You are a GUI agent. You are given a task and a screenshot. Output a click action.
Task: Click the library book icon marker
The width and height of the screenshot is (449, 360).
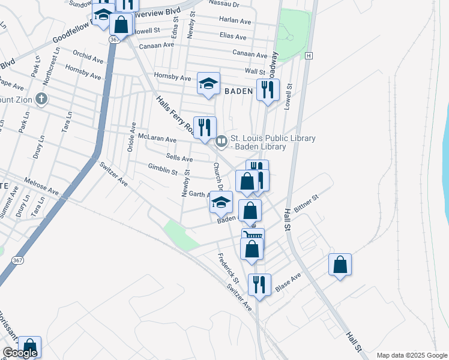[x=220, y=142]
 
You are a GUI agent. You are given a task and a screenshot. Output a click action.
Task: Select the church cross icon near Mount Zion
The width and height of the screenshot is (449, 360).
[x=41, y=98]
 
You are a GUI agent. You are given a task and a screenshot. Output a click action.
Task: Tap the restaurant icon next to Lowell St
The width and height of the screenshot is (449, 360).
[x=267, y=90]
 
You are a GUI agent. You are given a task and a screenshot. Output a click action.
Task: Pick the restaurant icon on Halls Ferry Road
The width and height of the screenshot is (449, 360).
[x=205, y=127]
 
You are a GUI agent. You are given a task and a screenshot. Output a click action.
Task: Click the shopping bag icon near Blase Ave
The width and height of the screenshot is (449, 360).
[x=340, y=265]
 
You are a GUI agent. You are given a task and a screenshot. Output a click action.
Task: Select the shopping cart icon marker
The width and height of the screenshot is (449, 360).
[x=253, y=235]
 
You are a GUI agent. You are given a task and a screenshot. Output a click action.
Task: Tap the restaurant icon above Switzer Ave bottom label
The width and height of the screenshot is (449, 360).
[x=259, y=284]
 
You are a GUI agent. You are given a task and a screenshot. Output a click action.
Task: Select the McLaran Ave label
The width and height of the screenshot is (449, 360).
[x=157, y=139]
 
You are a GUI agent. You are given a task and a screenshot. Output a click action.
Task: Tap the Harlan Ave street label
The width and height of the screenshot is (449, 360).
[x=235, y=20]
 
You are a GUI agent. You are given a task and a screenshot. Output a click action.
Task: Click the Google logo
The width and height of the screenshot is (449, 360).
[x=20, y=353]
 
